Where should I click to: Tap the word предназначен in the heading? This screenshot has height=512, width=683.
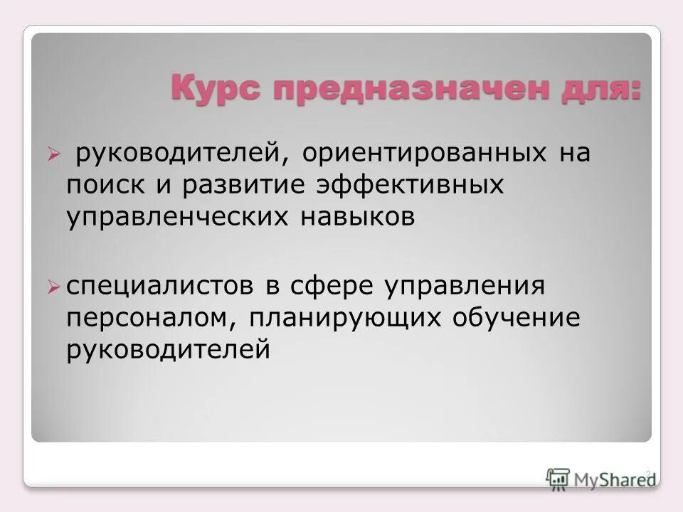tap(393, 90)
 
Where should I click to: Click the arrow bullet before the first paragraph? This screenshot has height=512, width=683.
tap(51, 153)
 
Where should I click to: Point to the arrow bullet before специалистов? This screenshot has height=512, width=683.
tap(51, 287)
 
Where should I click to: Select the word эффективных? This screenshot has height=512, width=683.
tap(413, 186)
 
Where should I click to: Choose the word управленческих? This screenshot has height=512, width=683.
tap(173, 218)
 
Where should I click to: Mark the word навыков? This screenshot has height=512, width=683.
tap(353, 218)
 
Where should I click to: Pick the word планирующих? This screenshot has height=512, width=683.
tap(346, 319)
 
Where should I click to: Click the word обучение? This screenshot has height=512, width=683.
tap(517, 319)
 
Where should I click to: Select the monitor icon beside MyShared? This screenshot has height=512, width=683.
tap(558, 479)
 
